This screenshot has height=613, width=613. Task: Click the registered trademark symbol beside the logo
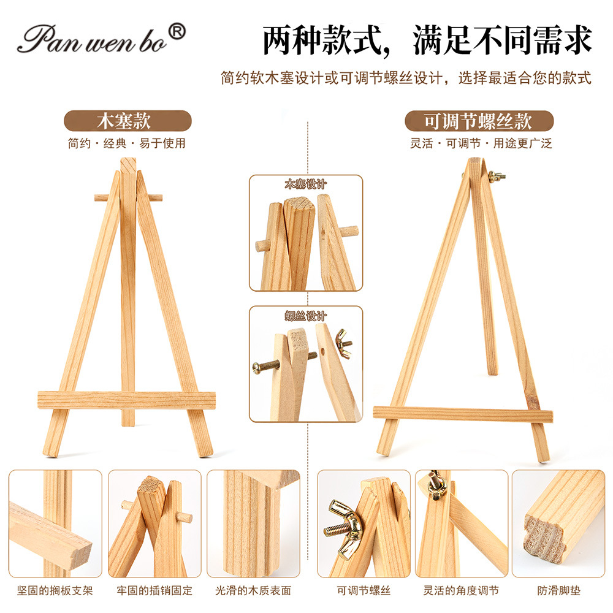177,31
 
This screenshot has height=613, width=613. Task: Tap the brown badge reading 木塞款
128,121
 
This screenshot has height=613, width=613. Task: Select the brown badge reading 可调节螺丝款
479,121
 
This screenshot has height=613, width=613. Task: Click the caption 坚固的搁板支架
55,590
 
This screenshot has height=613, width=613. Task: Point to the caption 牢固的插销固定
154,590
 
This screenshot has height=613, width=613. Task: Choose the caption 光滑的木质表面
253,590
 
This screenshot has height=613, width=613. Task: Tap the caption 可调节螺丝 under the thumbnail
364,590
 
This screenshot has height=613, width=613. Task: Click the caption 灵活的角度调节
462,590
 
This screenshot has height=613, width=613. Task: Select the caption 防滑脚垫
558,590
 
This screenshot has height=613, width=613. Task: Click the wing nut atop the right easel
496,177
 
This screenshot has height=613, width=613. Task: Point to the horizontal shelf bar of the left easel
126,400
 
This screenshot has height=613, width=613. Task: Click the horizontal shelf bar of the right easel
463,414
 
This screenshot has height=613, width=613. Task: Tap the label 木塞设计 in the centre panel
306,184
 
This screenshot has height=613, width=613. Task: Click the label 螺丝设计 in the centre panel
306,316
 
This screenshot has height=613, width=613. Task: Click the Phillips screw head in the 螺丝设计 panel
256,367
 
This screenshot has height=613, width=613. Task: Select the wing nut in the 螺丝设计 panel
343,343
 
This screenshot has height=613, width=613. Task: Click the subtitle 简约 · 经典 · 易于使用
127,143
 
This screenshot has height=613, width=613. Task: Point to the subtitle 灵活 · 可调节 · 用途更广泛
481,143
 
